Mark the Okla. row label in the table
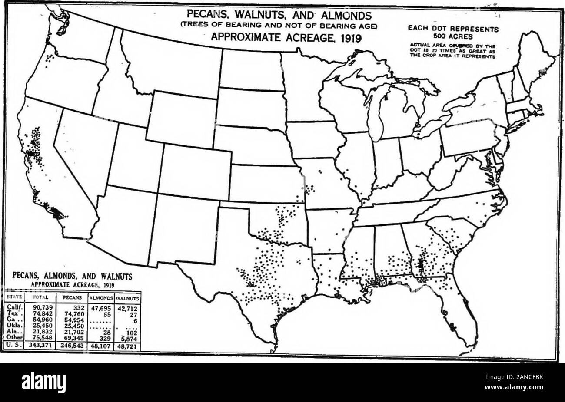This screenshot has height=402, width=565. tap(12, 325)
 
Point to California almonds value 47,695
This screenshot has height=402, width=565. tap(102, 307)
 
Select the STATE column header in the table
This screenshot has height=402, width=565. tap(12, 298)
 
